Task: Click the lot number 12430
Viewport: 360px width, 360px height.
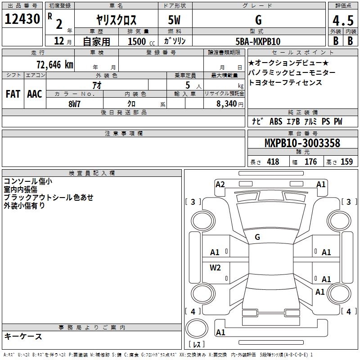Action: [22, 19]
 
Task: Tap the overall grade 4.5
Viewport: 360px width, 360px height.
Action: [343, 20]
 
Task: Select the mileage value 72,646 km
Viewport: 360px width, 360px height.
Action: [55, 65]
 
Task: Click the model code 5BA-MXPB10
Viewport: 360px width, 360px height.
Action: [258, 41]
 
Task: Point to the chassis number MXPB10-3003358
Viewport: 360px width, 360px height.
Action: [302, 143]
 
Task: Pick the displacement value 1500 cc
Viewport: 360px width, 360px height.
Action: [141, 41]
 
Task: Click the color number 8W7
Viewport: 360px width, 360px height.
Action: [74, 104]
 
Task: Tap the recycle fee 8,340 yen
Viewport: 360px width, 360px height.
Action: [230, 104]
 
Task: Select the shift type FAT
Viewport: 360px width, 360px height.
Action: [13, 94]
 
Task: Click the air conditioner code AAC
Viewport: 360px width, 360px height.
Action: [35, 94]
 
